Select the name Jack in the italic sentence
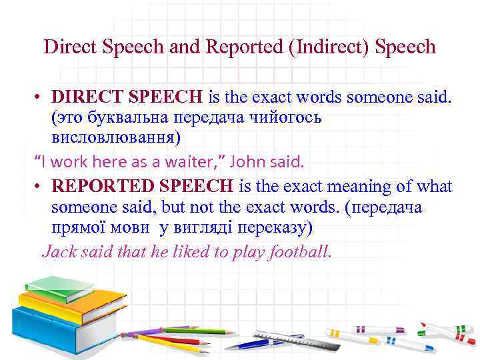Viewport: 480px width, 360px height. click(57, 252)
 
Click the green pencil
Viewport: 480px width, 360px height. click(193, 329)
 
